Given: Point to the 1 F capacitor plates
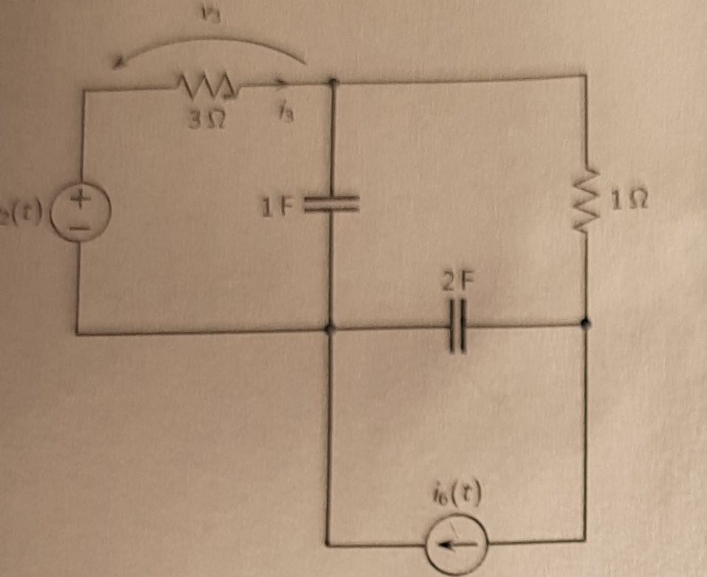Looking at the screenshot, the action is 331,204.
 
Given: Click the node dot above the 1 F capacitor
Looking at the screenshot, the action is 332,83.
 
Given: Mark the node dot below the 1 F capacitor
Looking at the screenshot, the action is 331,327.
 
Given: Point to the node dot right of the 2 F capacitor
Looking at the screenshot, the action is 586,323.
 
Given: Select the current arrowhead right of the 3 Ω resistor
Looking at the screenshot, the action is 280,83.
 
